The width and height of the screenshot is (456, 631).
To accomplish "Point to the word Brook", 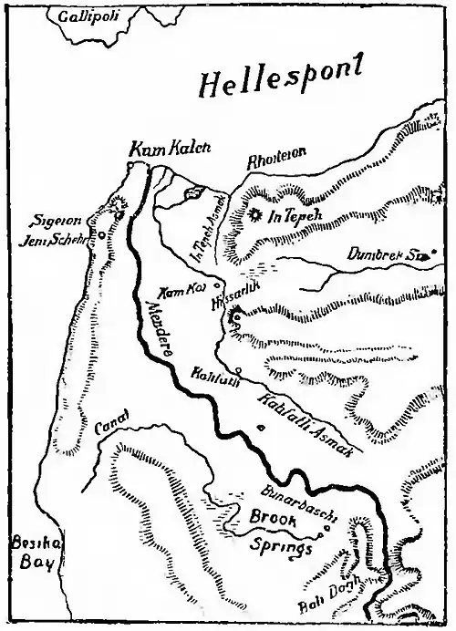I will pyautogui.click(x=274, y=522).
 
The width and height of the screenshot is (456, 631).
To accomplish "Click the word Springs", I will pyautogui.click(x=281, y=548).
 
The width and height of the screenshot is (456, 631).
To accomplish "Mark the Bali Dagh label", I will pyautogui.click(x=324, y=604).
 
